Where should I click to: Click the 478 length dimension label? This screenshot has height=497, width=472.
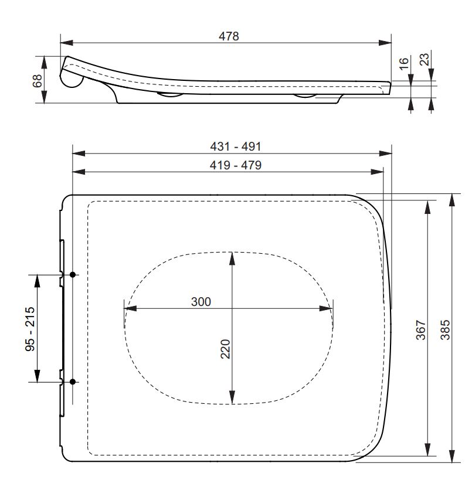pyautogui.click(x=229, y=36)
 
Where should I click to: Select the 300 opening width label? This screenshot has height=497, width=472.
pyautogui.click(x=201, y=302)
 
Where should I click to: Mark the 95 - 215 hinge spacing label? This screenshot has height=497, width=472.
pyautogui.click(x=30, y=328)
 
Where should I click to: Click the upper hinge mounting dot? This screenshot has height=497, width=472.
pyautogui.click(x=73, y=274)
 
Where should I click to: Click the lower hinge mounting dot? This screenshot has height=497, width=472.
pyautogui.click(x=73, y=382)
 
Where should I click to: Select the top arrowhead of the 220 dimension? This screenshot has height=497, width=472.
pyautogui.click(x=233, y=257)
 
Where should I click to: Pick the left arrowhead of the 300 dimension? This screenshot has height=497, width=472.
pyautogui.click(x=130, y=309)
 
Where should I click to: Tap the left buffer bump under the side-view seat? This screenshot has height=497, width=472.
pyautogui.click(x=170, y=95)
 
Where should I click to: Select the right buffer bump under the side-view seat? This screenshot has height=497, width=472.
pyautogui.click(x=306, y=95)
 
